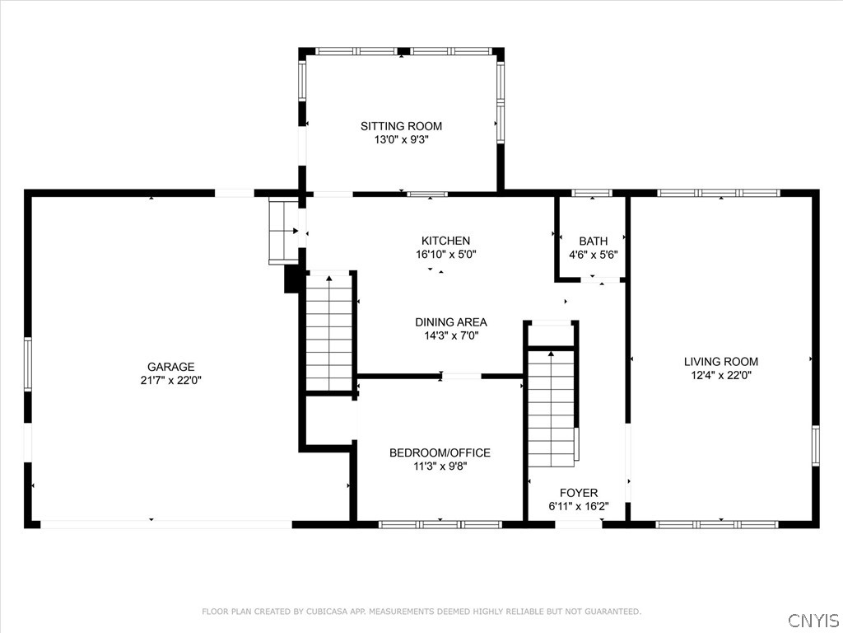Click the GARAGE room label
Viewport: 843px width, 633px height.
coord(170,367)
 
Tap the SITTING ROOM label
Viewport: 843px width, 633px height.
coord(401,126)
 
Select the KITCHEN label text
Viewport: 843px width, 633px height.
coord(445,241)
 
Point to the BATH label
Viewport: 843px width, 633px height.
coord(594,241)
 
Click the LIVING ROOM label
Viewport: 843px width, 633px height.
coord(721,362)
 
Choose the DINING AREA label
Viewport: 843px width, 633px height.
coord(451,322)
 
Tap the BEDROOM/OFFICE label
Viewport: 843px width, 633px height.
coord(440,453)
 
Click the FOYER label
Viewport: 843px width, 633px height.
coord(579,493)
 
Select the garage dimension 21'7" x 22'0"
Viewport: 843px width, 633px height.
coord(171,381)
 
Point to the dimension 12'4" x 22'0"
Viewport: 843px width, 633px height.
coord(721,375)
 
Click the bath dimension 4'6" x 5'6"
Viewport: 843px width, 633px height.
coord(594,255)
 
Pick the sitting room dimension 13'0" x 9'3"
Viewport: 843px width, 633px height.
coord(401,140)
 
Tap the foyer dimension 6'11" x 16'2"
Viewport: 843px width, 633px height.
coord(579,507)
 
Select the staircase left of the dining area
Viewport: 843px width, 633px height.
coord(329,333)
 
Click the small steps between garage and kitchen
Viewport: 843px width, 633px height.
coord(283,231)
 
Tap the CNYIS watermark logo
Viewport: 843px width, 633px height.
coord(813,620)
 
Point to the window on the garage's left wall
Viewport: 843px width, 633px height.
coord(27,364)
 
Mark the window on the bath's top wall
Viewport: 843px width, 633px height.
coord(592,193)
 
